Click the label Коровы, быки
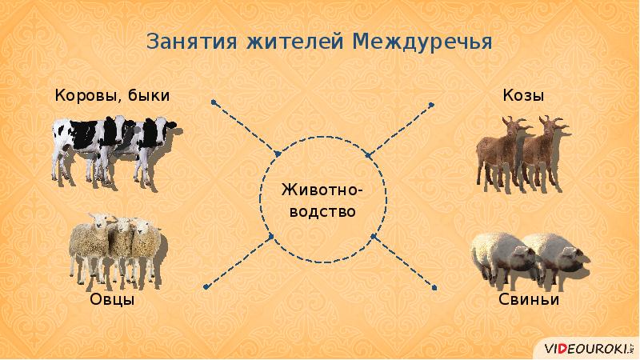tap(112, 95)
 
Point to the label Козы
tap(523, 95)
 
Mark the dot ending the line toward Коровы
tap(214, 102)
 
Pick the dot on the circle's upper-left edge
tap(278, 153)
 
